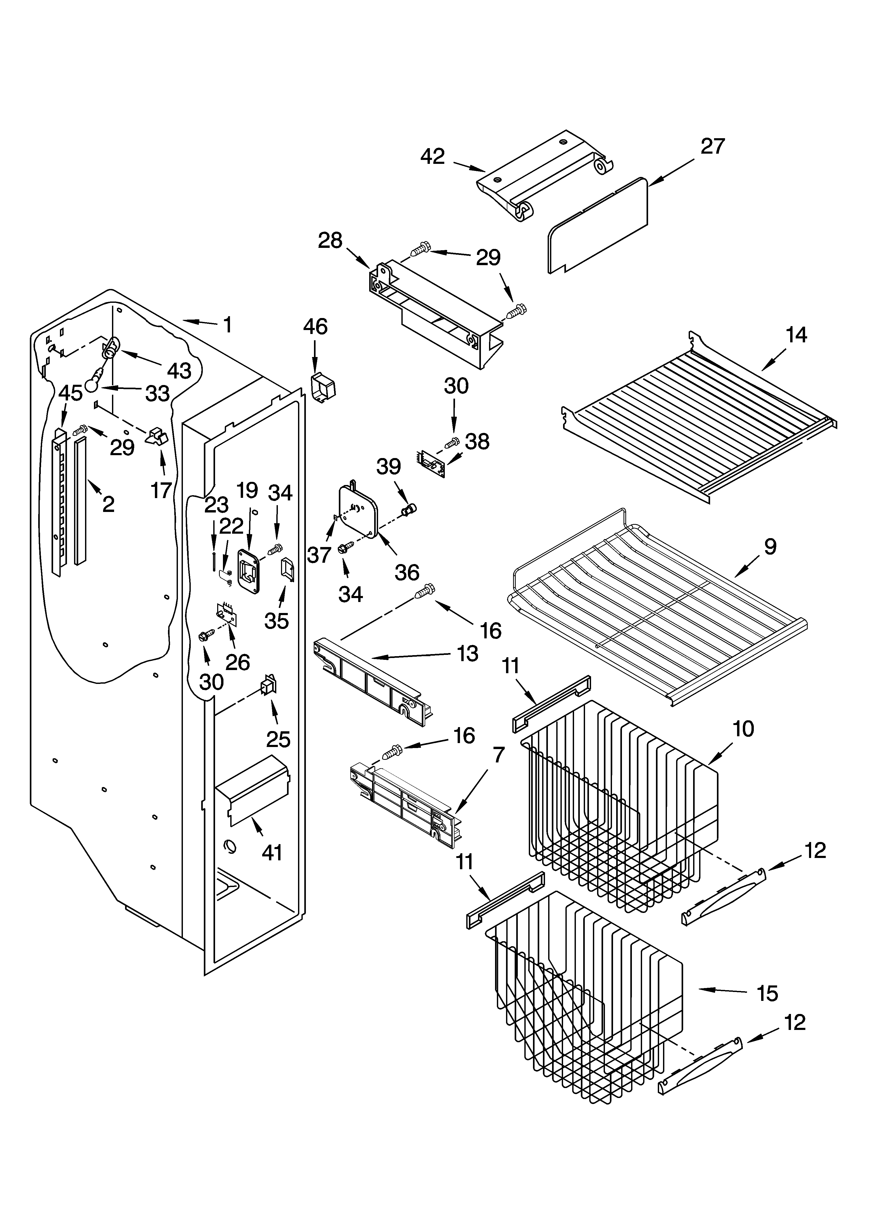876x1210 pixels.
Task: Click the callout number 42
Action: click(x=432, y=156)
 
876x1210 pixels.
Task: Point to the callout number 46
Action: click(x=315, y=326)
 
